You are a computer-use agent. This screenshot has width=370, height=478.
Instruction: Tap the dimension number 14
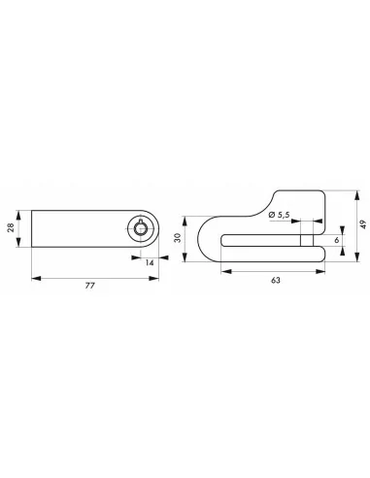pyautogui.click(x=150, y=262)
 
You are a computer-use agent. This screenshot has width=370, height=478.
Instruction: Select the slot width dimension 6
pyautogui.click(x=336, y=239)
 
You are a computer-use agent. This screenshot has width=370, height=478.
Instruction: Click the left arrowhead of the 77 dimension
pyautogui.click(x=34, y=278)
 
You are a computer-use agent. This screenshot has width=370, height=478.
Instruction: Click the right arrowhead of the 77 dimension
pyautogui.click(x=157, y=278)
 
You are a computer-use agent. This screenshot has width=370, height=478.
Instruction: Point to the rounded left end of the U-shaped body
pyautogui.click(x=202, y=239)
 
